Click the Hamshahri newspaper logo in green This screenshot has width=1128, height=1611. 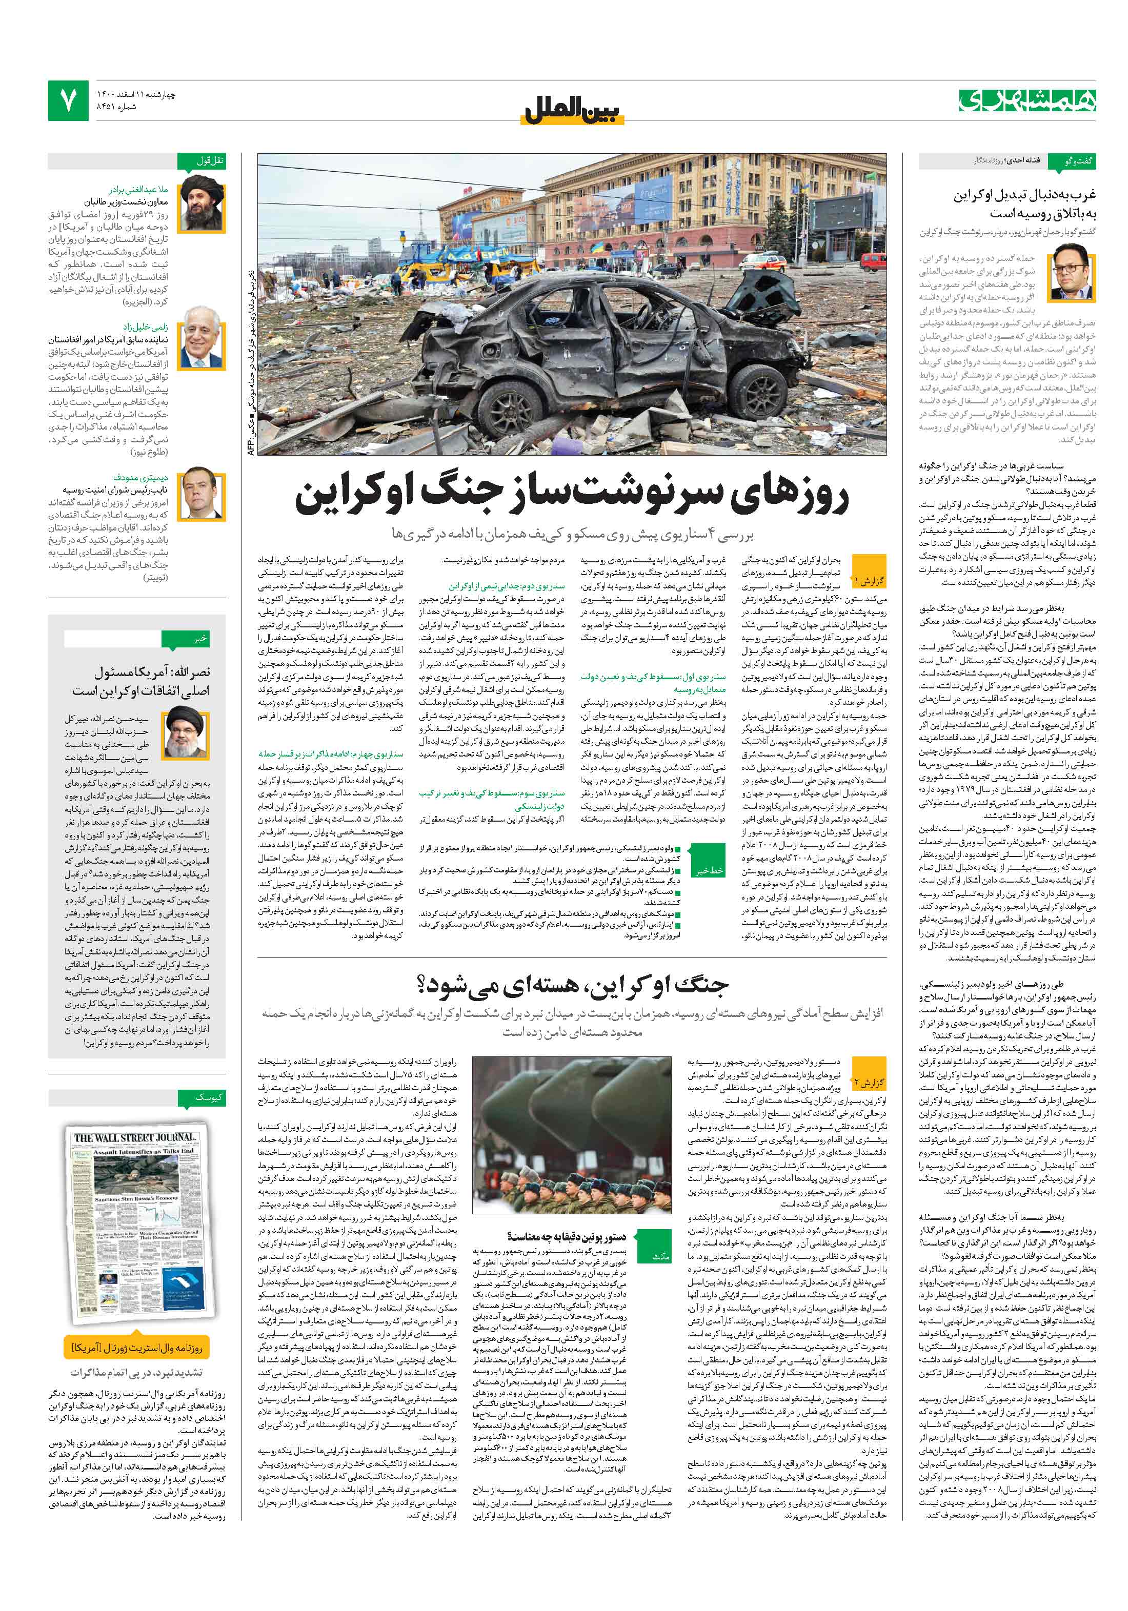coord(1027,100)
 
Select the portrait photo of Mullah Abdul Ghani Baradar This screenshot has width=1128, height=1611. coord(203,203)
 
